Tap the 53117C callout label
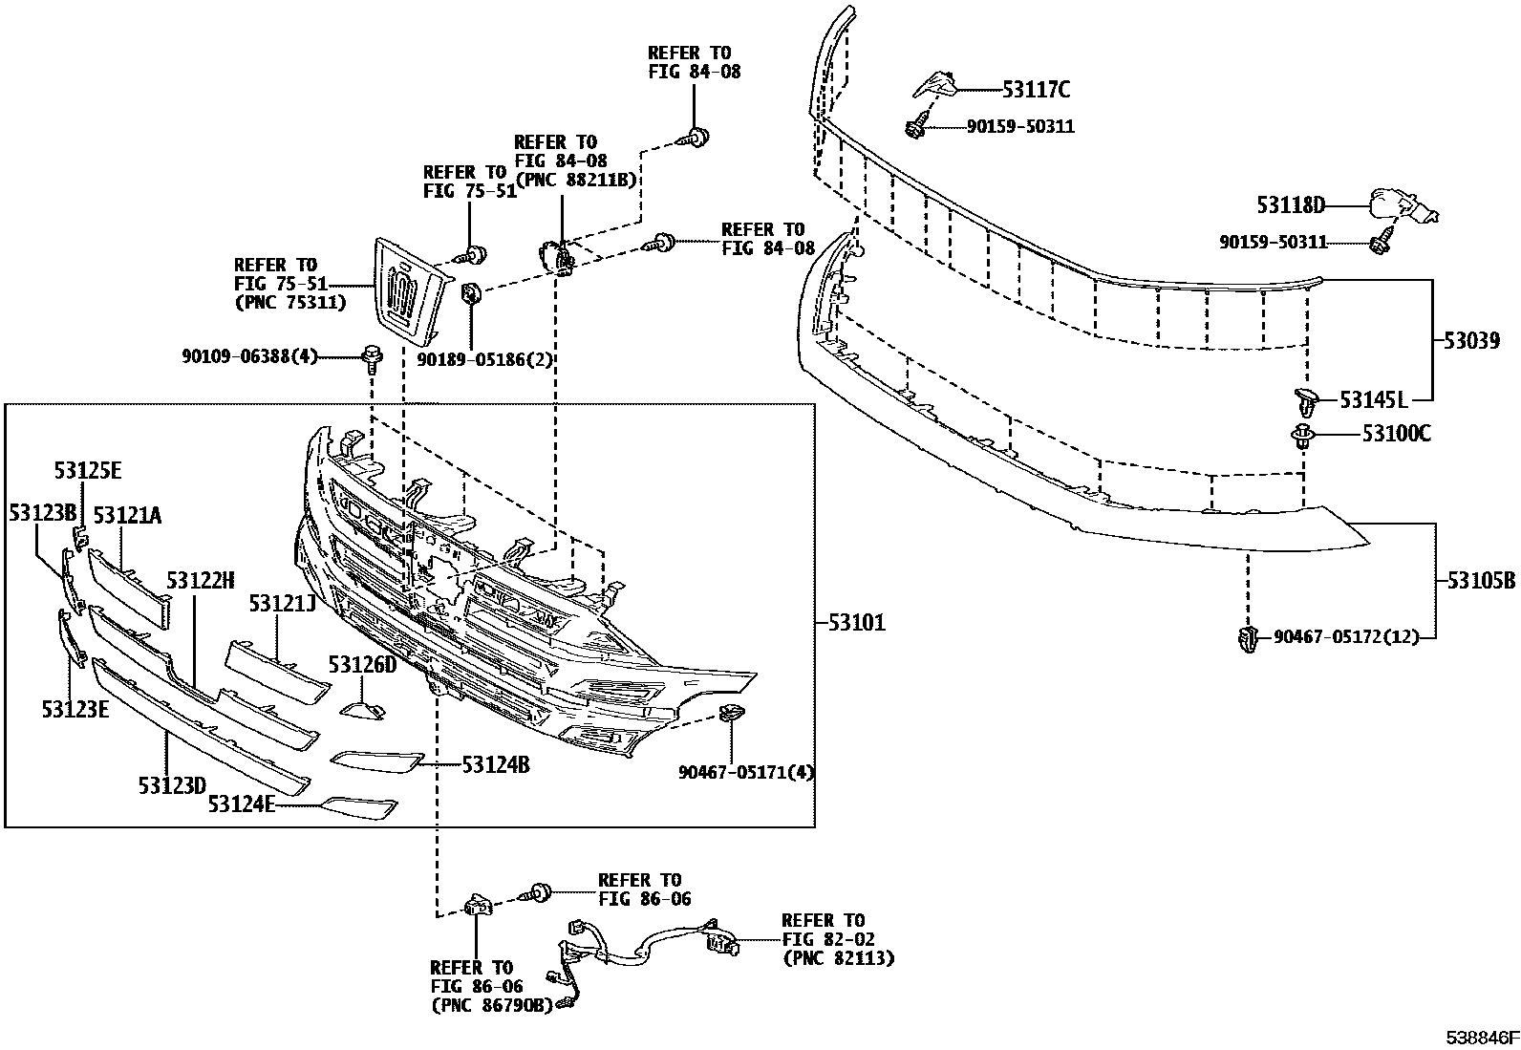pyautogui.click(x=1036, y=91)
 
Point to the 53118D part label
pyautogui.click(x=1291, y=204)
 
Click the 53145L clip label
pyautogui.click(x=1374, y=399)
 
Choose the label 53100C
pyautogui.click(x=1396, y=435)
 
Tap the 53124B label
pyautogui.click(x=496, y=764)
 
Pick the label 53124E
pyautogui.click(x=241, y=805)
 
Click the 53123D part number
pyautogui.click(x=172, y=785)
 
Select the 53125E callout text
pyautogui.click(x=88, y=470)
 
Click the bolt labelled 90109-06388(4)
pyautogui.click(x=372, y=359)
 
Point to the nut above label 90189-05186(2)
pyautogui.click(x=472, y=294)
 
